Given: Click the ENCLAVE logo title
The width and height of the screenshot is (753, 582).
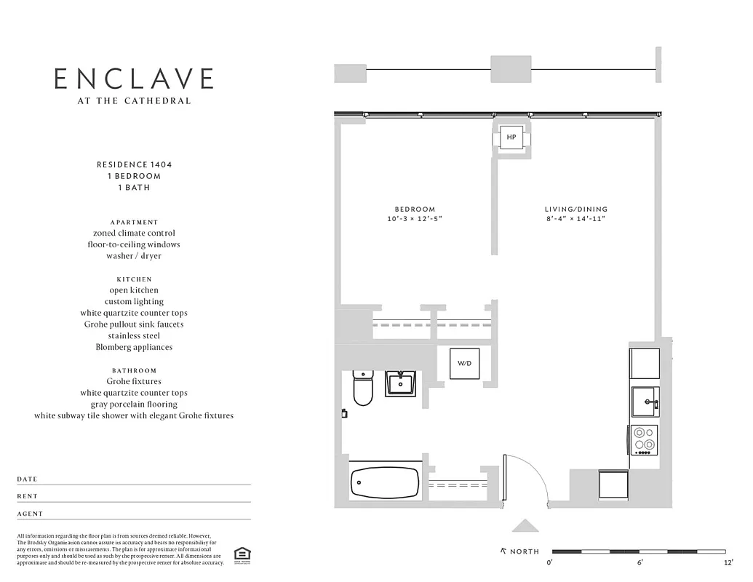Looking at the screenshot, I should pos(134,79).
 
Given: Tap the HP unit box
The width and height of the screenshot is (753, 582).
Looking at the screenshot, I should pos(511,137).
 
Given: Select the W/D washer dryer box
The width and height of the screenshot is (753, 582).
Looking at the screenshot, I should pos(463,362).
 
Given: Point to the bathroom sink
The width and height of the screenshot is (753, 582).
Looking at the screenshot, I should pos(400,383).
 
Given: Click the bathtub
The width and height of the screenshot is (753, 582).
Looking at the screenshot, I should pos(385,482).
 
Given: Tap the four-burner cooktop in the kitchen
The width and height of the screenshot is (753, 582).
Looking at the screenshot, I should pos(644,440).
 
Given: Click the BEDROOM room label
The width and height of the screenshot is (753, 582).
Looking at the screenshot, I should pos(415,210).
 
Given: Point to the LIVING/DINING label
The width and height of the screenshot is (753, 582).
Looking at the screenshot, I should pos(576,210).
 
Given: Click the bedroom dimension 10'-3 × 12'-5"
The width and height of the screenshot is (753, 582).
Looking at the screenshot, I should pos(415,219).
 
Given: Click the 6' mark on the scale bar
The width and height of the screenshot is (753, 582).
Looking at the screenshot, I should pos(640,562).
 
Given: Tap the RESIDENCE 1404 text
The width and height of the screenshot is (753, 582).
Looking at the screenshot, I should pos(134,164).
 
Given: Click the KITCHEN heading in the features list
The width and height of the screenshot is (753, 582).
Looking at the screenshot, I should pos(134,279).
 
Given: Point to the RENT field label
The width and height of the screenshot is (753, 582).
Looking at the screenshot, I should pos(27,497).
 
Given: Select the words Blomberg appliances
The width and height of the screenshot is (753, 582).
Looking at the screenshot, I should pos(134,347).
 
